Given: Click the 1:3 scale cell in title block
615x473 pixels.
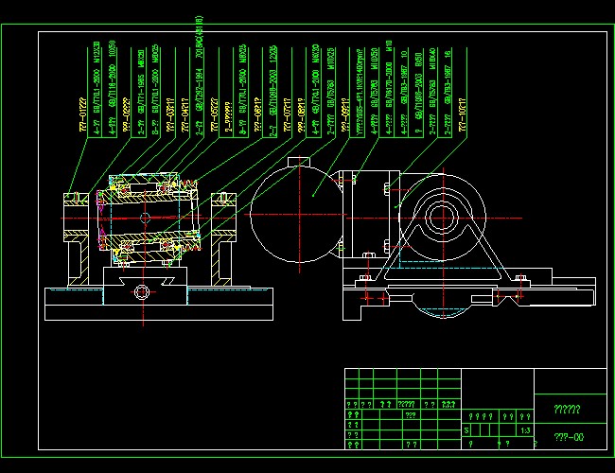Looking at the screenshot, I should click(x=523, y=429).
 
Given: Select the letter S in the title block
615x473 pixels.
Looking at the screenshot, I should click(x=467, y=429).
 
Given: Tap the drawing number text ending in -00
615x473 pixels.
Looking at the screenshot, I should click(x=569, y=437).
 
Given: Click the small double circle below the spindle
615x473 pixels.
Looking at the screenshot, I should click(x=143, y=290).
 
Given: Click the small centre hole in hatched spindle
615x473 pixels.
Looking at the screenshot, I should click(x=144, y=218).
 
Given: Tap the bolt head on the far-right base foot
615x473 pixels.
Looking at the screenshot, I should click(x=519, y=278).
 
